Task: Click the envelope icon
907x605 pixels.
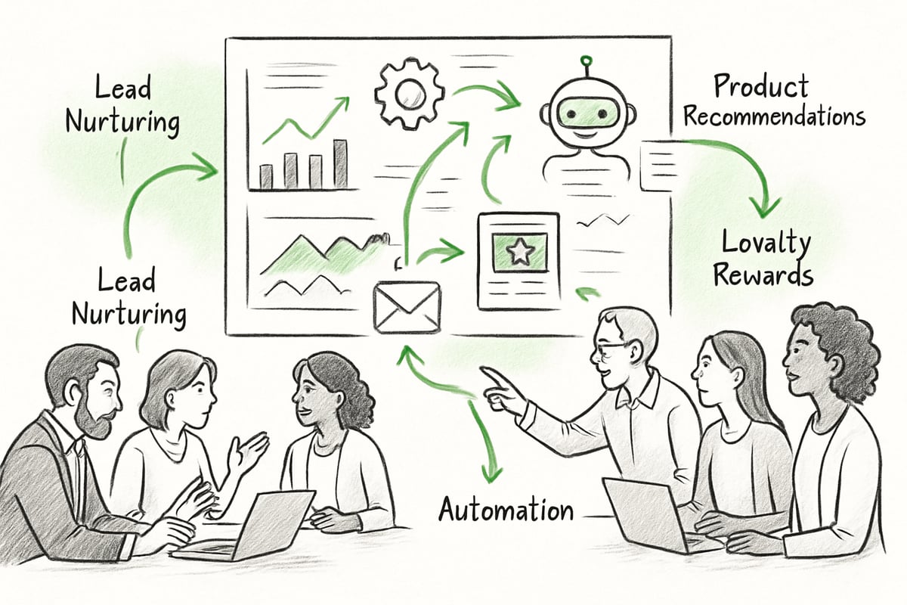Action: pos(407,306)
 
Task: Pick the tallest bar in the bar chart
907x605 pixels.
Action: pos(341,163)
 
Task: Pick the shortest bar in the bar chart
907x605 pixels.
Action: pos(266,176)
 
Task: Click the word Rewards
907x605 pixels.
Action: pos(763,275)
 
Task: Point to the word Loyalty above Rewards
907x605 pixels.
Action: pos(766,244)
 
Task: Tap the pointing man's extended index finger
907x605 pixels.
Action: pos(489,373)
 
